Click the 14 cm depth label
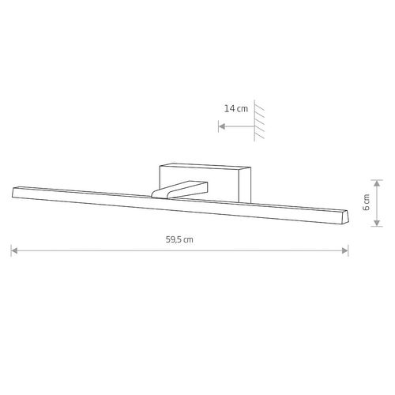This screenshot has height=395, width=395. click(x=236, y=108)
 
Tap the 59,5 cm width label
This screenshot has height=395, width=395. click(x=179, y=239)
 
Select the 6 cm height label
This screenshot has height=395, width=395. click(x=367, y=202)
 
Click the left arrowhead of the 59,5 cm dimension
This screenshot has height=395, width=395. click(x=14, y=250)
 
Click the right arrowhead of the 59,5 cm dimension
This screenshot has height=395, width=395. click(x=345, y=250)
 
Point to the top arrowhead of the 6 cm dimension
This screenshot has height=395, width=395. click(x=377, y=183)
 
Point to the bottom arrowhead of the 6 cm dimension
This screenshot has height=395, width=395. click(x=377, y=223)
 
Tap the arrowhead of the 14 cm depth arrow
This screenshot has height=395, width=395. click(x=222, y=126)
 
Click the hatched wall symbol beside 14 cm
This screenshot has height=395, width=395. click(x=259, y=121)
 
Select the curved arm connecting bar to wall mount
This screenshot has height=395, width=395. click(x=179, y=190)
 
